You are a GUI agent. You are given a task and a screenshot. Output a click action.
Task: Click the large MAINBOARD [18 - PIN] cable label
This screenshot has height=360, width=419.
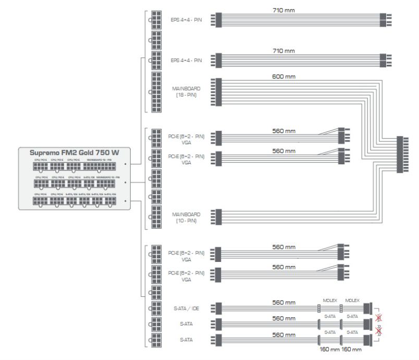(x=186, y=92)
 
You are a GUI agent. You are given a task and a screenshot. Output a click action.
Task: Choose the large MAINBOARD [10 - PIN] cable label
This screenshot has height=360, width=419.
(x=186, y=216)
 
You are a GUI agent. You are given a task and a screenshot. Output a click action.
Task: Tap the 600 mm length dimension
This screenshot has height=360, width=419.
(x=284, y=77)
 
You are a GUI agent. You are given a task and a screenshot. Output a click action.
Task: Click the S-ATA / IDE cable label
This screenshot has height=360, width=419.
(x=187, y=308)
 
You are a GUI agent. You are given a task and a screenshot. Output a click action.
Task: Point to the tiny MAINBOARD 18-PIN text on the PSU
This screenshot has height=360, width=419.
(x=98, y=160)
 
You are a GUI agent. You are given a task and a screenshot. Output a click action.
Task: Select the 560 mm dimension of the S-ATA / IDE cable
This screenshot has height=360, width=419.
(x=284, y=303)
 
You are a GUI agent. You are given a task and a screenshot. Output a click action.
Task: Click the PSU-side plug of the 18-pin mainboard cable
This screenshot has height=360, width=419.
(x=218, y=92)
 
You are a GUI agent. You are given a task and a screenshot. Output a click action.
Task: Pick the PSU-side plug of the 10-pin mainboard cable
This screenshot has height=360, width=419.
(x=218, y=216)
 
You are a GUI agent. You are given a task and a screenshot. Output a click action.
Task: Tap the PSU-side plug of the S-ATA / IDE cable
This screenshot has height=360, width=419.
(x=218, y=308)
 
